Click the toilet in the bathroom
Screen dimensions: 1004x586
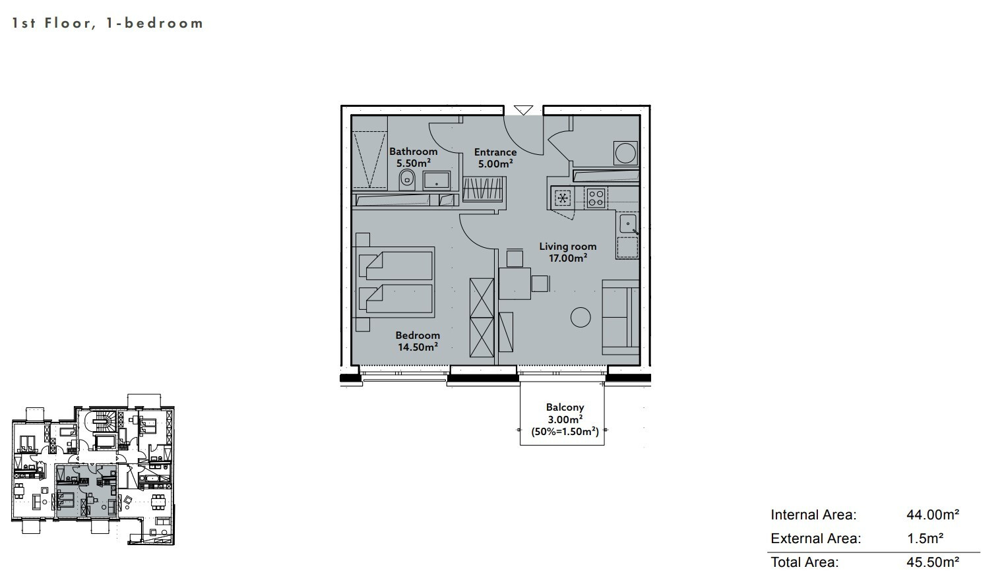pyautogui.click(x=407, y=180)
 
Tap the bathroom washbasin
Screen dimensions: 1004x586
pyautogui.click(x=437, y=181)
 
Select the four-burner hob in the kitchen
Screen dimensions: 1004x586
pyautogui.click(x=596, y=198)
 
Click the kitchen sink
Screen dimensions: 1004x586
pyautogui.click(x=628, y=223)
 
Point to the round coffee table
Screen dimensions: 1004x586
pyautogui.click(x=580, y=317)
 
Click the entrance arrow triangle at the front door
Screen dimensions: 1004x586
pyautogui.click(x=523, y=110)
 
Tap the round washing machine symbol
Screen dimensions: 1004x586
pyautogui.click(x=625, y=153)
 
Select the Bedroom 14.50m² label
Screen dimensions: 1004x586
pyautogui.click(x=418, y=341)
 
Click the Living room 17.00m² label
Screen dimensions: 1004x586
pyautogui.click(x=568, y=252)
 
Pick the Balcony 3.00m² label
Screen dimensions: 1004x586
pyautogui.click(x=565, y=413)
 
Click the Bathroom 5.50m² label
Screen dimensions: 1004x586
pyautogui.click(x=413, y=157)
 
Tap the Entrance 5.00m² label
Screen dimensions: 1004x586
pyautogui.click(x=495, y=158)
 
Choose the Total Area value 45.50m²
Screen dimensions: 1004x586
pyautogui.click(x=933, y=562)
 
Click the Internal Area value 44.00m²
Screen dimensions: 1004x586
pyautogui.click(x=933, y=514)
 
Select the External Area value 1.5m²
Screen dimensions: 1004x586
pyautogui.click(x=925, y=538)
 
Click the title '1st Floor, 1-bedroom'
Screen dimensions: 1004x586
pyautogui.click(x=108, y=23)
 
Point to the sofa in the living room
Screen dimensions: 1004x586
pyautogui.click(x=621, y=317)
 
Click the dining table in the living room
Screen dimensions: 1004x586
pyautogui.click(x=515, y=283)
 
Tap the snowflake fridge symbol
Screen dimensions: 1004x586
pyautogui.click(x=563, y=198)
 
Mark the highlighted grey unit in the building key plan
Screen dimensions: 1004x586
pyautogui.click(x=86, y=491)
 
